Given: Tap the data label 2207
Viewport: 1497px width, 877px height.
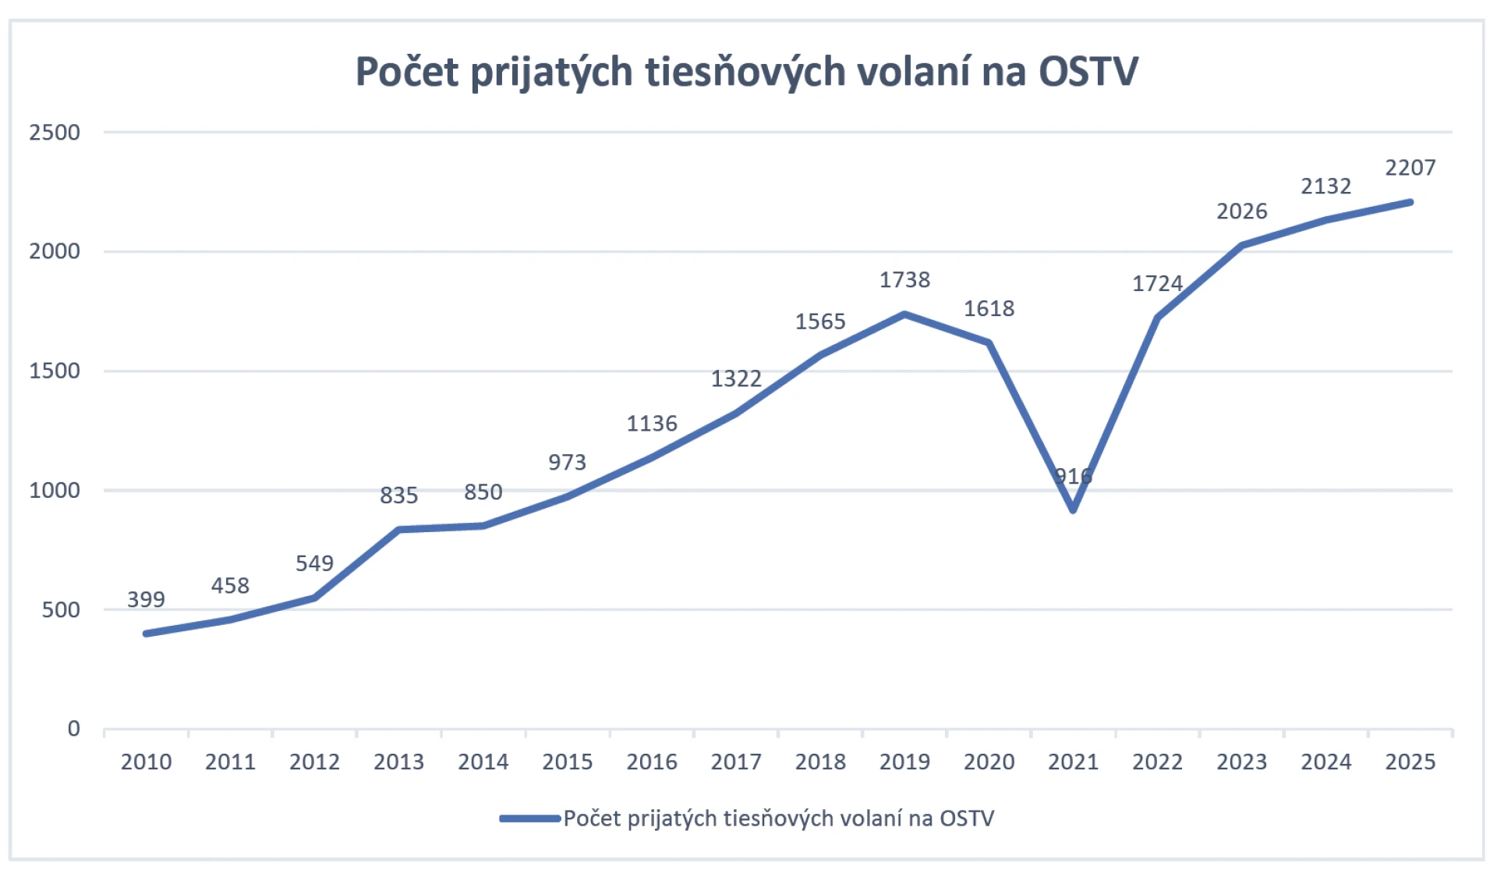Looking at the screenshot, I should [1410, 168].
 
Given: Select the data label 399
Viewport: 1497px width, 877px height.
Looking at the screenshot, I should [146, 599].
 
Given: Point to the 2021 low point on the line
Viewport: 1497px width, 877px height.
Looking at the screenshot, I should [1074, 510].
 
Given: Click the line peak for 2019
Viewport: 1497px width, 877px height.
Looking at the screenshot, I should [904, 314].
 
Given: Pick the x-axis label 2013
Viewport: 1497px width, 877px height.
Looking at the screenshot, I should [398, 762].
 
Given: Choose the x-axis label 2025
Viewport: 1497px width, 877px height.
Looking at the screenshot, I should [1410, 762].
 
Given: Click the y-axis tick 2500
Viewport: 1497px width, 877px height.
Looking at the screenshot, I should [55, 133].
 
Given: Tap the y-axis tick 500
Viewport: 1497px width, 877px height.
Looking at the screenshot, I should [61, 610].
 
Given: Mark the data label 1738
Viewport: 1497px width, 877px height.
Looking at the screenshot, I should [904, 280].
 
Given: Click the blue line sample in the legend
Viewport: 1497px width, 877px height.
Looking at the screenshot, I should [530, 818].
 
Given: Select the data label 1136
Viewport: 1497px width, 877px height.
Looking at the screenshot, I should [652, 424].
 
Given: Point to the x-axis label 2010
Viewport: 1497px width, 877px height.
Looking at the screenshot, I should [146, 762].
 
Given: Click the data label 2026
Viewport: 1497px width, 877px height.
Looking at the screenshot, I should [1241, 211].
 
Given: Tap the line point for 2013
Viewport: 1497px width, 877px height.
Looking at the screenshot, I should [398, 530].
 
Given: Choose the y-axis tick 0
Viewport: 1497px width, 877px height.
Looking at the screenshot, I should [73, 729].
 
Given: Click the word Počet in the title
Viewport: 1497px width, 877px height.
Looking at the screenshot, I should [406, 71].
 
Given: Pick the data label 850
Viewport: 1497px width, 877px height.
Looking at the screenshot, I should [483, 492].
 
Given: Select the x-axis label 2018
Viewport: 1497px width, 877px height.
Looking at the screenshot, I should [820, 762].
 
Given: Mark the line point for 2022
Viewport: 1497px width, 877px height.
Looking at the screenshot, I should [1157, 318].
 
